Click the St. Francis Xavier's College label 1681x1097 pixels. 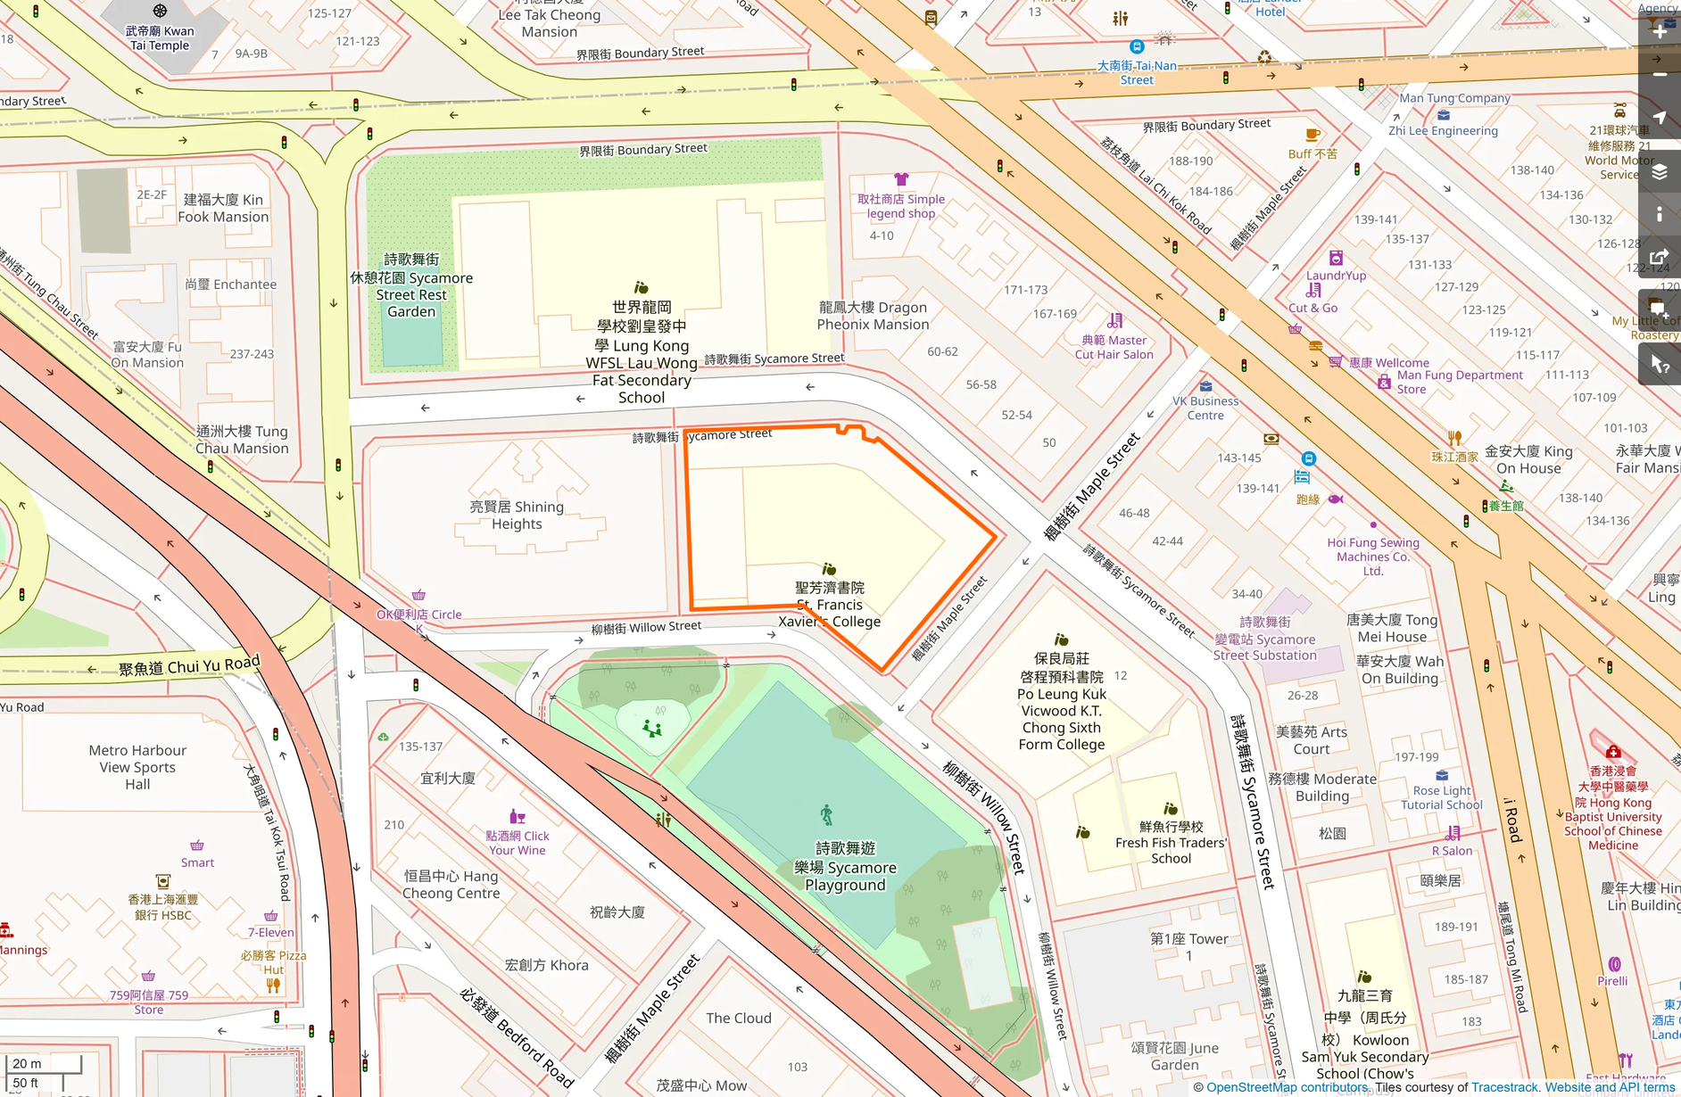click(x=829, y=605)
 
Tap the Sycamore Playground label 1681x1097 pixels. click(x=845, y=866)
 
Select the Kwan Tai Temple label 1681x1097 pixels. click(x=161, y=37)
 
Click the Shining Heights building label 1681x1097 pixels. click(x=517, y=516)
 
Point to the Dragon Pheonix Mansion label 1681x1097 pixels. click(x=873, y=316)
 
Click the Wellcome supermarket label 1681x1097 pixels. click(x=1388, y=362)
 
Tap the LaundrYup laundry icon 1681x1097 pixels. click(x=1336, y=259)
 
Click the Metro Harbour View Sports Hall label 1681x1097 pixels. click(x=137, y=767)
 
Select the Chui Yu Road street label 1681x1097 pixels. click(x=189, y=665)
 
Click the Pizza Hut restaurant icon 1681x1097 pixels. click(x=273, y=986)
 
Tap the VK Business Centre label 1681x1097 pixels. click(x=1205, y=408)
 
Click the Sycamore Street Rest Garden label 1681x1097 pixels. click(x=411, y=285)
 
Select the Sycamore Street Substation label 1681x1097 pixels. click(x=1264, y=639)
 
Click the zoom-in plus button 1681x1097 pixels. click(x=1659, y=31)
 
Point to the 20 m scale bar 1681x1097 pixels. click(x=45, y=1064)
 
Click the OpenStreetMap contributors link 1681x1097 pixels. click(x=1287, y=1087)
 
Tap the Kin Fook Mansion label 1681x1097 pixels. click(x=223, y=208)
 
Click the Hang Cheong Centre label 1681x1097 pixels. click(x=451, y=885)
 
